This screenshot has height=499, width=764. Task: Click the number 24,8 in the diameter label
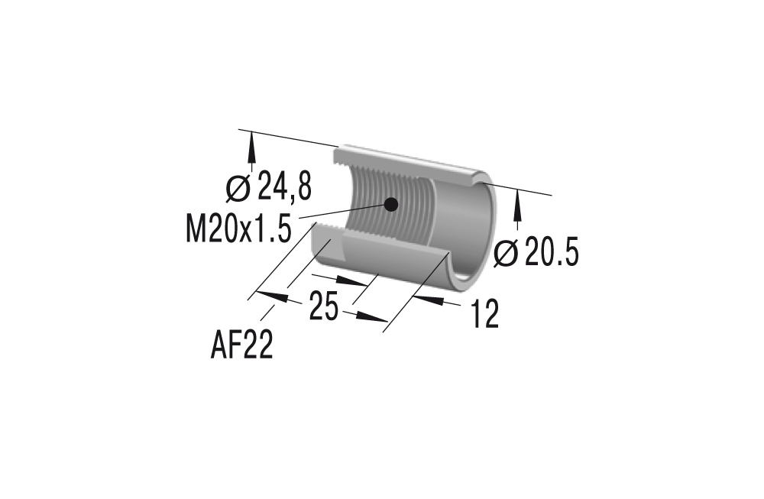(284, 186)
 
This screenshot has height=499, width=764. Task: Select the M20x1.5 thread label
(238, 228)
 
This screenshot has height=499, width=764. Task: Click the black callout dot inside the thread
(390, 204)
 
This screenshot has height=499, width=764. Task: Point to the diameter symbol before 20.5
(506, 253)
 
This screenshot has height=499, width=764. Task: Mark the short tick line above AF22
(267, 311)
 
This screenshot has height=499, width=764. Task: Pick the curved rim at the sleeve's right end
(489, 229)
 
